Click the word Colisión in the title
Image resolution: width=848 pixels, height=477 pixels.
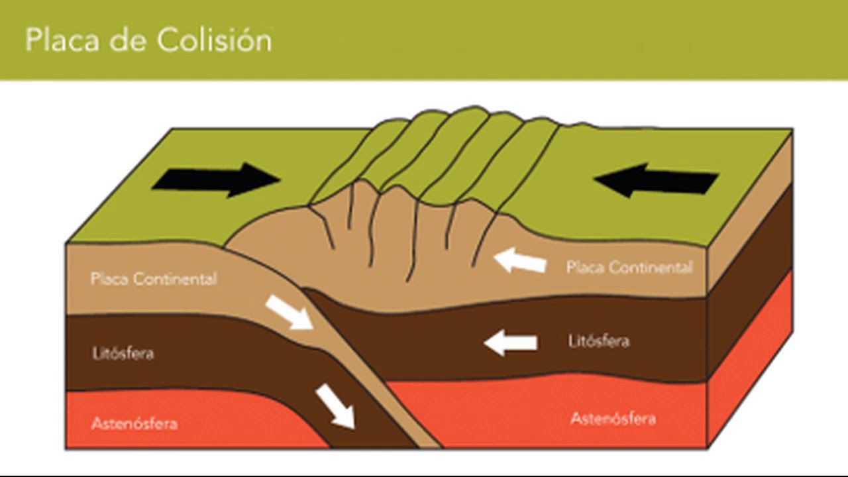[215, 40]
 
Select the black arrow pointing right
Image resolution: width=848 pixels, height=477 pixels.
[216, 180]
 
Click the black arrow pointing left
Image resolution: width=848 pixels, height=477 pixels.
[656, 181]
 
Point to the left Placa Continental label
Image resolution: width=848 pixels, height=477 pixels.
[154, 279]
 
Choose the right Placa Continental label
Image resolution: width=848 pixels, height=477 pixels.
[629, 268]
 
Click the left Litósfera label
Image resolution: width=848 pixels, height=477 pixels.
[123, 353]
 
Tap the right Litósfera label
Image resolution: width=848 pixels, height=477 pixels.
[598, 342]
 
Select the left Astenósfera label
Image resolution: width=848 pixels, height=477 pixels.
[134, 423]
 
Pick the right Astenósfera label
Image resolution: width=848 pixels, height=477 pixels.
[613, 419]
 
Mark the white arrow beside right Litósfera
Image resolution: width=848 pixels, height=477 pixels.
[510, 343]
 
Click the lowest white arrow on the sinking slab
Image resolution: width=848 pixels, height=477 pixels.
[335, 406]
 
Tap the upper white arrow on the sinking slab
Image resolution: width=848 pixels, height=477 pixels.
[289, 313]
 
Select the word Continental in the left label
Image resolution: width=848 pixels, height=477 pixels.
[175, 279]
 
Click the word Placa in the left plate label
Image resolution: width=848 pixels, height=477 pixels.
[109, 279]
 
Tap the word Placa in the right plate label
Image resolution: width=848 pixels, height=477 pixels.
[585, 268]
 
